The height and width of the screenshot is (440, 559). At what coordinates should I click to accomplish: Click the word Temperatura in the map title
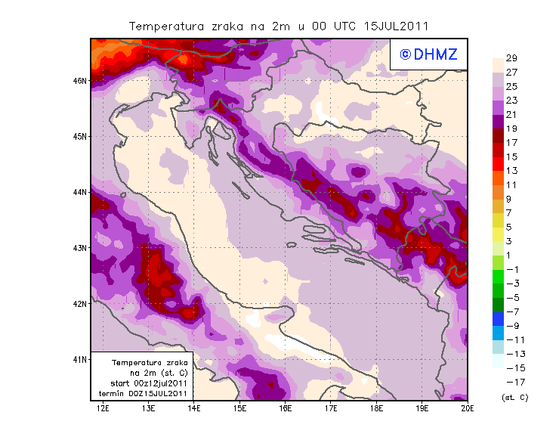[166, 26]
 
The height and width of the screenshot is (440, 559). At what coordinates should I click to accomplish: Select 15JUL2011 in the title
[396, 26]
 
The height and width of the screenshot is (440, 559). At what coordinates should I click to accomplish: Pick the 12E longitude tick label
[103, 409]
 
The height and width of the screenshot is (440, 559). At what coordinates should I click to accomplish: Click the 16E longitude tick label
[286, 409]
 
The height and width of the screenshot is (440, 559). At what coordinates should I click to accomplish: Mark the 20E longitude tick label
[468, 409]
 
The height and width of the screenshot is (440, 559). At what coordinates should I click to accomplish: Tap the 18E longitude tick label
[376, 409]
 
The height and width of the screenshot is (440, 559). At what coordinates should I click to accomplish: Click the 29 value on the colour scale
[511, 58]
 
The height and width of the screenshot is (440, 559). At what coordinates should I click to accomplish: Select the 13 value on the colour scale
[511, 171]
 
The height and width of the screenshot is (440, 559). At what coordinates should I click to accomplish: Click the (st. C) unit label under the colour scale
[515, 397]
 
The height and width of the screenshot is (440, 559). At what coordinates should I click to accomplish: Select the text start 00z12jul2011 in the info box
[144, 384]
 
